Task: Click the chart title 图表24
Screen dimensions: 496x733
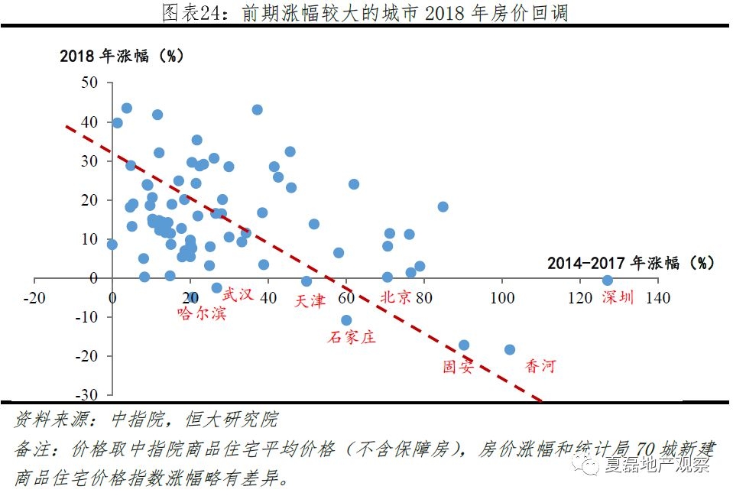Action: (365, 13)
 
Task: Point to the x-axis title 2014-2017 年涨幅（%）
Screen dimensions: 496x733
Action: (631, 263)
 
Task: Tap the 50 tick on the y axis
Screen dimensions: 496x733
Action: (90, 83)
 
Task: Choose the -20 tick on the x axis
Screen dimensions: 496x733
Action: (34, 297)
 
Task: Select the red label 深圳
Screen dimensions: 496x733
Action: (618, 298)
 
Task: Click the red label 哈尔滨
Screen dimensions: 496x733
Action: (201, 313)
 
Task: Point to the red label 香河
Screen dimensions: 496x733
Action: (540, 367)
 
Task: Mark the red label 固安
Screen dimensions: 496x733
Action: (459, 367)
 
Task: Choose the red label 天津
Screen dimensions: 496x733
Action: (310, 300)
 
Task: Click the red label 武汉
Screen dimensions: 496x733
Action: (237, 294)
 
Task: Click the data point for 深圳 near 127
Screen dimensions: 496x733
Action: (608, 280)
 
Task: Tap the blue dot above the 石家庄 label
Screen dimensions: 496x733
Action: (346, 320)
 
